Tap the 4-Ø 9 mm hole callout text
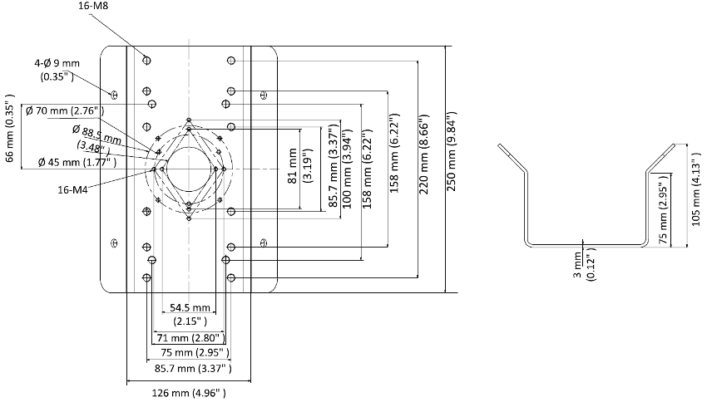click(x=57, y=69)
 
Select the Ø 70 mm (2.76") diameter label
click(x=62, y=110)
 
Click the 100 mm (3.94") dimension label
click(x=347, y=168)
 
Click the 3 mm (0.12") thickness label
click(x=583, y=267)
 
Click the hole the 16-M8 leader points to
click(x=147, y=60)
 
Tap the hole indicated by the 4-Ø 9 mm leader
click(x=115, y=90)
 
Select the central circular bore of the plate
click(x=190, y=169)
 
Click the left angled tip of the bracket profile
click(x=502, y=149)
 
